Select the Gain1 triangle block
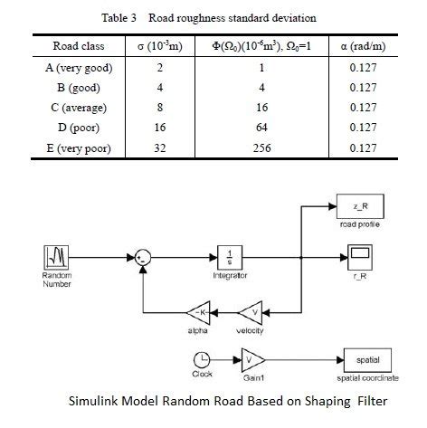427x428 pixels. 251,358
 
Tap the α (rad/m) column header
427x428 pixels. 359,45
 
